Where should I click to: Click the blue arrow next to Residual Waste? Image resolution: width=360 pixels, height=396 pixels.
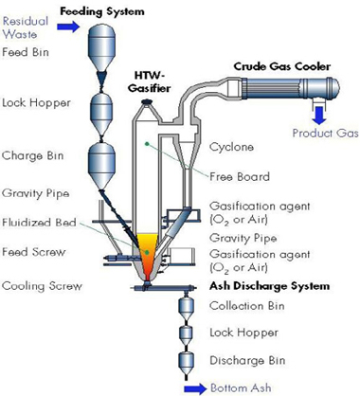coord(68,26)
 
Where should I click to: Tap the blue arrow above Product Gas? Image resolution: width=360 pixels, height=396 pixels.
coord(320,116)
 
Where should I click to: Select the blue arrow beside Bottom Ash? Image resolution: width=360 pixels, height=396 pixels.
coord(195,388)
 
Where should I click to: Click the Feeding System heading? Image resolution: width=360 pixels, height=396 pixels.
coord(102,11)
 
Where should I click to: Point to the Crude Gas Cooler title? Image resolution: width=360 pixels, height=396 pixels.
coord(282,66)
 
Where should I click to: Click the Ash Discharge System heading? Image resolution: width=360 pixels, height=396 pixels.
coord(270,286)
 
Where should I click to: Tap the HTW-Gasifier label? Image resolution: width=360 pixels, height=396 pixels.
coord(149,81)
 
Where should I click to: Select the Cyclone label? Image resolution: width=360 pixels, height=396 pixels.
coord(231,147)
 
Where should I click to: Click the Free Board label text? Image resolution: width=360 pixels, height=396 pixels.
coord(240,176)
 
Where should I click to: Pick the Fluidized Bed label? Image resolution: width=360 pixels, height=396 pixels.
coord(39,222)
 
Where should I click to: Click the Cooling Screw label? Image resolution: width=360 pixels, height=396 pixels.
coord(42,286)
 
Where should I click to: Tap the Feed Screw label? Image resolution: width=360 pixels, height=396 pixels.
coord(34,252)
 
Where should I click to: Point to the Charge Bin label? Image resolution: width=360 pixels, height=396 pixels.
coord(33,155)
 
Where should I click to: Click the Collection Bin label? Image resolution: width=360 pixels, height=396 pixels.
coord(247,306)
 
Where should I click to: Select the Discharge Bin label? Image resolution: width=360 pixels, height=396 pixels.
coord(247,360)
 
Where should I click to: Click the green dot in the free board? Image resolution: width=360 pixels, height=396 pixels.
coord(146,144)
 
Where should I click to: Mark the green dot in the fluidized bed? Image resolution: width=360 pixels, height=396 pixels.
coord(147,252)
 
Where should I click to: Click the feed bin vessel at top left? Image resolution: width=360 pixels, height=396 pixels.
coord(100,48)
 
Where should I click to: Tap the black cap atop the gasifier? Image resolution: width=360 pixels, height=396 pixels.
coord(147,101)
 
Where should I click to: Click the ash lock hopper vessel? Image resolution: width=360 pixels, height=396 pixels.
coord(186,333)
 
